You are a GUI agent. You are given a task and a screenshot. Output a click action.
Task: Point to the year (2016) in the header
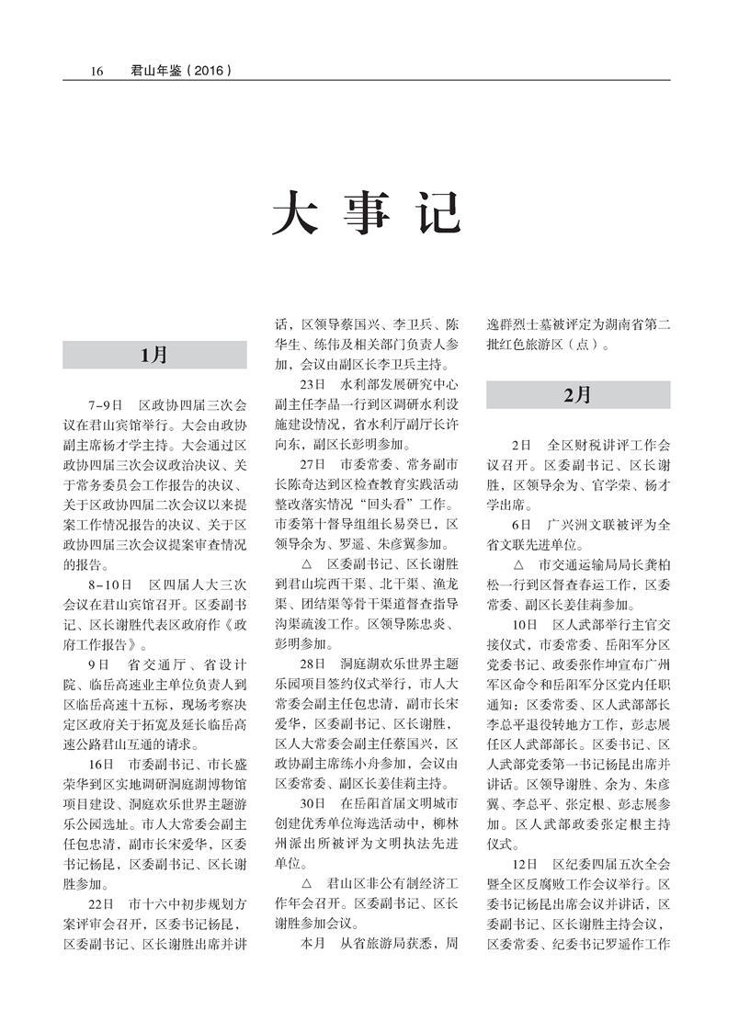[206, 69]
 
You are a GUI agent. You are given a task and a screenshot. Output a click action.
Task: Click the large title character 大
[293, 212]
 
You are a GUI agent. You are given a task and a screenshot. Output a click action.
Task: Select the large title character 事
[366, 212]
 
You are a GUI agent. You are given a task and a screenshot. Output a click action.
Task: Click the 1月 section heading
[154, 355]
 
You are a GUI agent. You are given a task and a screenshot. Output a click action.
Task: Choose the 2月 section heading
[578, 394]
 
